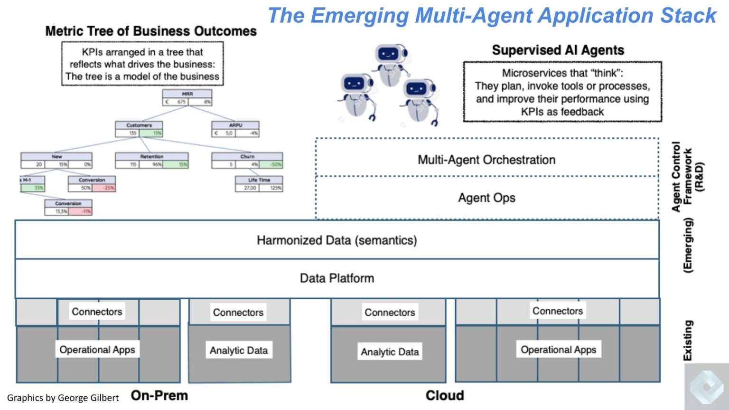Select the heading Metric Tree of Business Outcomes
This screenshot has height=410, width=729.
[151, 31]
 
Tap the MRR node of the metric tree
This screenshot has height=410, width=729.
[187, 94]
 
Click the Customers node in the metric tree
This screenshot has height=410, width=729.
[139, 125]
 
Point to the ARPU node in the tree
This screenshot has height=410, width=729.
[235, 125]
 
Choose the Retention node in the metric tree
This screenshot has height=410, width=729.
[152, 156]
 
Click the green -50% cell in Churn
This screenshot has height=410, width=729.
[276, 164]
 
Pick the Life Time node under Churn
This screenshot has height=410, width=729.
[259, 180]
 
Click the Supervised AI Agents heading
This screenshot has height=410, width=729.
[558, 50]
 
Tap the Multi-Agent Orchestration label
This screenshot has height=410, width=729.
[486, 160]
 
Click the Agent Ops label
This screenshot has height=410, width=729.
[486, 198]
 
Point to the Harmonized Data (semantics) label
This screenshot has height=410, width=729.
[337, 240]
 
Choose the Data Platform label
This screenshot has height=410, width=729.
[337, 278]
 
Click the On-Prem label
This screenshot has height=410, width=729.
[159, 395]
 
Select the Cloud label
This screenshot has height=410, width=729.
[445, 395]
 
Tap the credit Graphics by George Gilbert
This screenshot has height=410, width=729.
[63, 398]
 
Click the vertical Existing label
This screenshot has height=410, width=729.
[688, 340]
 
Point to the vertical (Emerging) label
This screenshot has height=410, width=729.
[688, 245]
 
